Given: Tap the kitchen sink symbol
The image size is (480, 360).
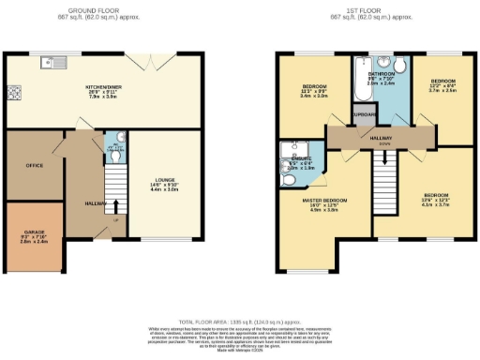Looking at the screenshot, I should [x=47, y=64].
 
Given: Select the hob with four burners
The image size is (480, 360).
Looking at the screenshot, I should [x=15, y=93].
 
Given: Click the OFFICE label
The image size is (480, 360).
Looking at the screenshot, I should [x=35, y=165].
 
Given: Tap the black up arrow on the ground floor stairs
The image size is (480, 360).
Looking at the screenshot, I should [x=116, y=205].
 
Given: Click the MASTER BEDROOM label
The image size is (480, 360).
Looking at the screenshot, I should [x=323, y=201].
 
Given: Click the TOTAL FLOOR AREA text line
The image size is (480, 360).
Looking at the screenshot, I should [x=240, y=320].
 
